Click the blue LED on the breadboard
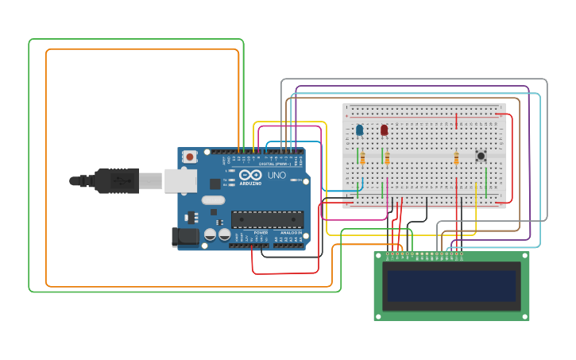(359, 130)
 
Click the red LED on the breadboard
(384, 130)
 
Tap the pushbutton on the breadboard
(481, 156)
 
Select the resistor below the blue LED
(362, 158)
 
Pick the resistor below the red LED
(387, 158)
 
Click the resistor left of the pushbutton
(456, 158)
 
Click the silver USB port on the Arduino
(180, 180)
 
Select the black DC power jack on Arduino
(184, 236)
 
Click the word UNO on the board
(276, 175)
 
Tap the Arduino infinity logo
(251, 175)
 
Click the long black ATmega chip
(267, 219)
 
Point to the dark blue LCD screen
(451, 286)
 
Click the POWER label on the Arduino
(261, 232)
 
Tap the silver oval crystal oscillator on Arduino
(212, 201)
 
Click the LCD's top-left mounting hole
(379, 256)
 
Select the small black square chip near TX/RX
(215, 184)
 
